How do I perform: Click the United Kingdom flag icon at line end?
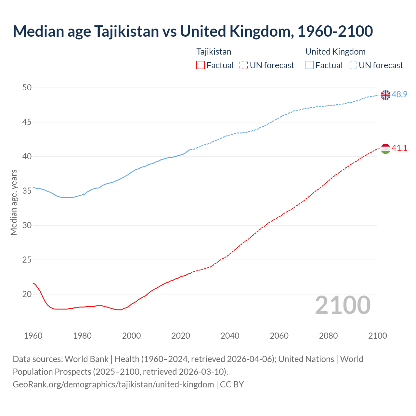385,95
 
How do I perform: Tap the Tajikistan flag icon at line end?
385,149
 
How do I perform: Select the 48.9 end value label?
399,95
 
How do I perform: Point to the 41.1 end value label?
399,148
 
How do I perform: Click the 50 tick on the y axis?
27,88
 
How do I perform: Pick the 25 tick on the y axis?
27,260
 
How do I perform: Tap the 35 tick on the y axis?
27,191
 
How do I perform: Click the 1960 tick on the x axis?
33,336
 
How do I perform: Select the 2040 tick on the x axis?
230,336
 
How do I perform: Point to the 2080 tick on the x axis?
328,336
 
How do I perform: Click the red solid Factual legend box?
201,65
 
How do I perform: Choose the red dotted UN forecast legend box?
244,65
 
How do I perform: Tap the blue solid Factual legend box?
310,65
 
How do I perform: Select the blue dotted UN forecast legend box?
353,65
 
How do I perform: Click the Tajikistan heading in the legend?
214,52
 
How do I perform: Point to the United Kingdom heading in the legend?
335,52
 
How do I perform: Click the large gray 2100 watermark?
343,305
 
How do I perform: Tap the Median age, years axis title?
14,202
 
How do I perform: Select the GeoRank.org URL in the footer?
113,384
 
